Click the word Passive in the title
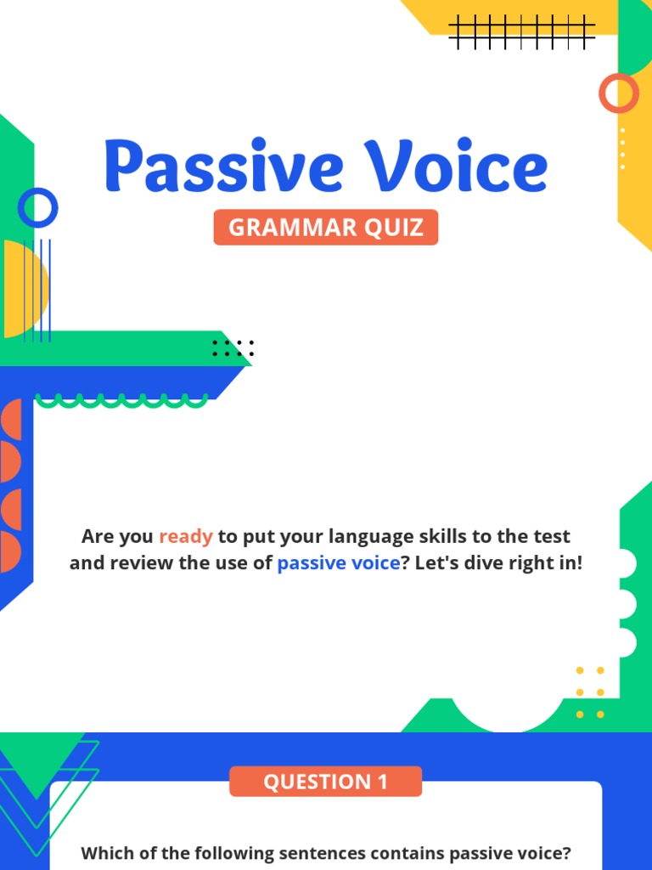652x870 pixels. (222, 167)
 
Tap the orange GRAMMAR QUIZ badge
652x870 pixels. (326, 228)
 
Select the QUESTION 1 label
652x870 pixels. (325, 782)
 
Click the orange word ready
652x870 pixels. (186, 536)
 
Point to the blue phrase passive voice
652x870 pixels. (338, 562)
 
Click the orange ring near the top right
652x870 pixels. (618, 93)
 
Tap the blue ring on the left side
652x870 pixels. (37, 207)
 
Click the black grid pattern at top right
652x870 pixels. (521, 32)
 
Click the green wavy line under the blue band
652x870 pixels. (121, 400)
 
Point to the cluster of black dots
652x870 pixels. (233, 347)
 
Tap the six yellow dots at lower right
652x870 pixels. (590, 692)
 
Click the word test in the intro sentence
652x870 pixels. (552, 536)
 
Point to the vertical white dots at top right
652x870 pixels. (622, 149)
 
